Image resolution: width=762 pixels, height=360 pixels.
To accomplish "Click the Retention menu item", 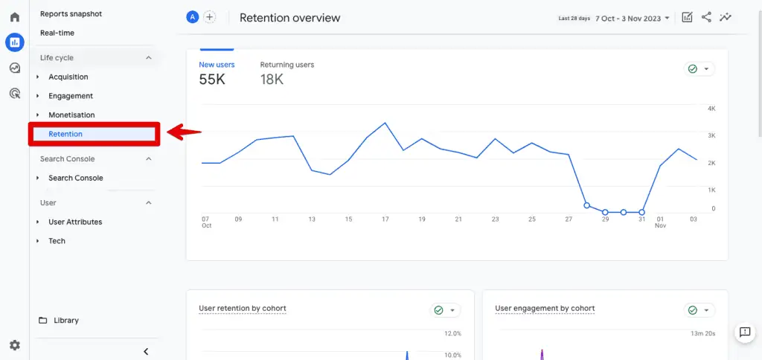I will tap(65, 134).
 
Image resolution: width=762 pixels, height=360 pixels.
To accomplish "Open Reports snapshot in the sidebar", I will tap(71, 13).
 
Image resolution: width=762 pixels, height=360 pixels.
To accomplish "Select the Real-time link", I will tap(57, 33).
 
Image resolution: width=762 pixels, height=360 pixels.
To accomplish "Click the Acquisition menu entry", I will tap(68, 77).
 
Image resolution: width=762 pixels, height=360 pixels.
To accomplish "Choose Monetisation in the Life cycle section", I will tap(71, 115).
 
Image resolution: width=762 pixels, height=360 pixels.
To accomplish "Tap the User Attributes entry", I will tap(75, 222).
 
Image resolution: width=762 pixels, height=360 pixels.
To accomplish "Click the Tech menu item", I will tap(57, 241).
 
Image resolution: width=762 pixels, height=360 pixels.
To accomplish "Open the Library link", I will tap(65, 321).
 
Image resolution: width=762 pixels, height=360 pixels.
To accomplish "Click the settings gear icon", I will tap(14, 345).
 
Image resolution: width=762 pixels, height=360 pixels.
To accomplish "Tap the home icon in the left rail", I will tap(14, 17).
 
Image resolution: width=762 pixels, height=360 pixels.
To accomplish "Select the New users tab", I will tap(217, 65).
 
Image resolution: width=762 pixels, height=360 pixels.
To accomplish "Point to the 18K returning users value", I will tap(272, 79).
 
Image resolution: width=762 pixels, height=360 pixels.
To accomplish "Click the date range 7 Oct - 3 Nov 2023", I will tap(632, 18).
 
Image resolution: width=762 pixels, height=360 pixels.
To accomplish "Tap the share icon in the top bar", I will tap(706, 17).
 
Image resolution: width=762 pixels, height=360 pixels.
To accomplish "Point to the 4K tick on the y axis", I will tap(711, 109).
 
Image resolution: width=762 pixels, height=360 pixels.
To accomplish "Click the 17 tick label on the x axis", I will tap(385, 219).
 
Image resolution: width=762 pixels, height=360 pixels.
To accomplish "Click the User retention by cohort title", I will tap(243, 308).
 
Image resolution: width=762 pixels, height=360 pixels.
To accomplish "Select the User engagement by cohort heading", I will tap(545, 308).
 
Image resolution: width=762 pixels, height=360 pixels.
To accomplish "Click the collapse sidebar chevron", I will tap(146, 351).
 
